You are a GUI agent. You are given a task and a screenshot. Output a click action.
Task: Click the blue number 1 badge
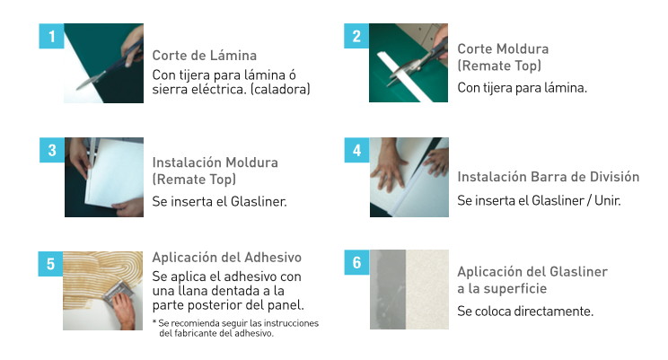pos(51,36)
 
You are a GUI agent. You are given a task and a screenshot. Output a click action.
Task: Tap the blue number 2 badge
pos(356,36)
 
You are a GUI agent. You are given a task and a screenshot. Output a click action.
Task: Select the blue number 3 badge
pos(52,150)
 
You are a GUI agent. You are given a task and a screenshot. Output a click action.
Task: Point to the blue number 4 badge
pos(357,150)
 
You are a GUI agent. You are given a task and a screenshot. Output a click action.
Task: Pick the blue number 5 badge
pos(50,264)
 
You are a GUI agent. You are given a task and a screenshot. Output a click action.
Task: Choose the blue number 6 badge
pos(357,262)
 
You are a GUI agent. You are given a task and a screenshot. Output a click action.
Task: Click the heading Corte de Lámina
pos(205,56)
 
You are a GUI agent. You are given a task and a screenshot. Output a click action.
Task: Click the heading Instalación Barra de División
pos(549,177)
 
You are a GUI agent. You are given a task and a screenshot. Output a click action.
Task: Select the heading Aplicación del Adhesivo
pos(227,258)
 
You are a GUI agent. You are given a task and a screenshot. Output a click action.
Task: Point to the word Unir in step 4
pos(608,200)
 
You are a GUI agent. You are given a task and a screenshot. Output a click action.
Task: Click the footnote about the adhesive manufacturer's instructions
pos(235,328)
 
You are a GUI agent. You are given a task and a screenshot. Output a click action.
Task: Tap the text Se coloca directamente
pos(525,311)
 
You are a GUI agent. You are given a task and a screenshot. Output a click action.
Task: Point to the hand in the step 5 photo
pos(125,310)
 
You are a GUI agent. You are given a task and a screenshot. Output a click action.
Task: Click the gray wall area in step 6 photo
pos(388,289)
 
